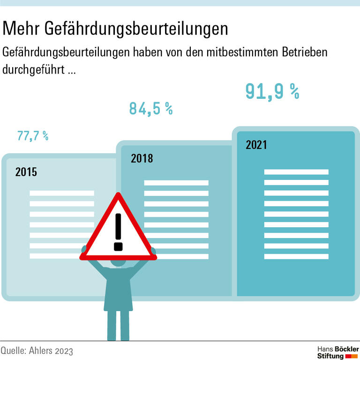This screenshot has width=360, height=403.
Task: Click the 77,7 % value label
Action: pos(33,136)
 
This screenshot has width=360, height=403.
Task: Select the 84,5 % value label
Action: pos(150,109)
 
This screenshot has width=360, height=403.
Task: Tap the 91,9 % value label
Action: pos(272,91)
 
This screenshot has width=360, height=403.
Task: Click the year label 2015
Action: pos(26,172)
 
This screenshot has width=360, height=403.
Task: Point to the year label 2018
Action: pos(142,158)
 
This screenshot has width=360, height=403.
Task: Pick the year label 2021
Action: pos(256,145)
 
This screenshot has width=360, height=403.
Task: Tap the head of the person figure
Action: pos(118,262)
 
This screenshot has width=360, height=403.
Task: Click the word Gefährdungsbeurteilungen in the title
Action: pos(137,30)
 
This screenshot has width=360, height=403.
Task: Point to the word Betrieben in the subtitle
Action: pos(304,52)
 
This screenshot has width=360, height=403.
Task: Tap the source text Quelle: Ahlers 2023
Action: pos(37,351)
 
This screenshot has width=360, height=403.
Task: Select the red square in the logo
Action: pos(348,357)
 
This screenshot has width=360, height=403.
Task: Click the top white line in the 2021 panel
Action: pos(296,172)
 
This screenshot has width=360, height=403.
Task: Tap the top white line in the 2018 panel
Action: pos(176,183)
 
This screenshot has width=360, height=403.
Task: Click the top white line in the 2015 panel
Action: pos(62,193)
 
